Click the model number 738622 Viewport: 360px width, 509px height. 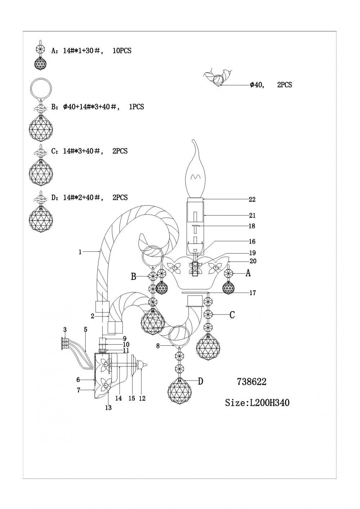pos(252,382)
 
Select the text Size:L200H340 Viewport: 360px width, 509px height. pos(257,403)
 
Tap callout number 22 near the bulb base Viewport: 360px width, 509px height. pos(252,199)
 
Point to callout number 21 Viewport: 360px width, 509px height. pos(252,215)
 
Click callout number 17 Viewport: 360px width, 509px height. pos(253,293)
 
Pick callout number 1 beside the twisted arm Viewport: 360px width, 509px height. pos(80,252)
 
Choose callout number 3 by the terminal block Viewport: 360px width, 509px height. pos(65,329)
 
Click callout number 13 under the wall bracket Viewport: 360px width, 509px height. pos(108,408)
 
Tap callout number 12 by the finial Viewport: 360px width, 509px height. pos(142,398)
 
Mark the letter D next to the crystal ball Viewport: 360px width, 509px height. pos(201,381)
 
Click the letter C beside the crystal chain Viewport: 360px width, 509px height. pos(232,315)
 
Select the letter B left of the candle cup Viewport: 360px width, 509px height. pos(134,277)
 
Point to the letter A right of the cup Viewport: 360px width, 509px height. pos(248,274)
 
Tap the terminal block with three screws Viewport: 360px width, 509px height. pos(65,343)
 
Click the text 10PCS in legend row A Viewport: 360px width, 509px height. pos(122,51)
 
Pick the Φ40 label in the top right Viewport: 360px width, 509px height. pos(257,85)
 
